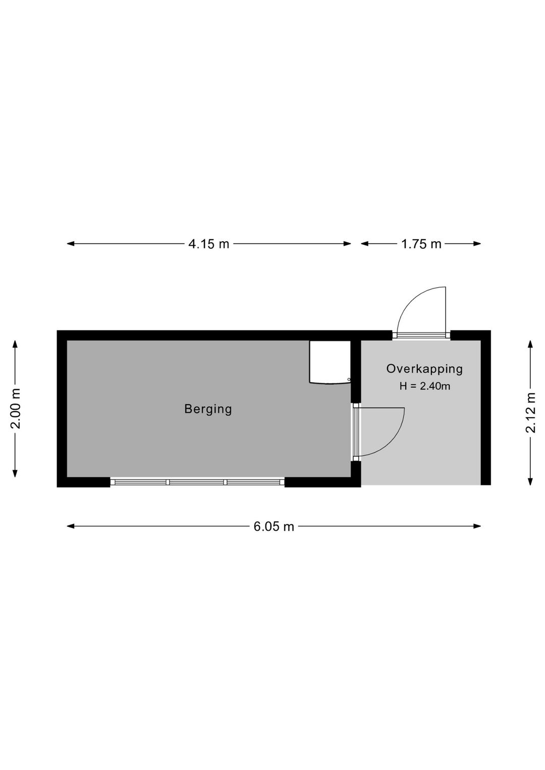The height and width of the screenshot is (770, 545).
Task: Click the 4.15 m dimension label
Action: pyautogui.click(x=208, y=244)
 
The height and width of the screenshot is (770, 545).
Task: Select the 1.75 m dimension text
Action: pyautogui.click(x=421, y=244)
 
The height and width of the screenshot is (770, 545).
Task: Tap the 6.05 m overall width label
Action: pyautogui.click(x=274, y=526)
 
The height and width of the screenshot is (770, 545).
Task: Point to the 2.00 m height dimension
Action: pyautogui.click(x=16, y=409)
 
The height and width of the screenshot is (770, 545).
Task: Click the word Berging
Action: pyautogui.click(x=208, y=409)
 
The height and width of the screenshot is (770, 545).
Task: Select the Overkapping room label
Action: pyautogui.click(x=424, y=369)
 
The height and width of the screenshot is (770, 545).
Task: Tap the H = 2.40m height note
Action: pyautogui.click(x=425, y=387)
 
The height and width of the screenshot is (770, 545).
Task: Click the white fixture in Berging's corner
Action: pyautogui.click(x=330, y=362)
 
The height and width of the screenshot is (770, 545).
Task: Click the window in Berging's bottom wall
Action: pyautogui.click(x=197, y=482)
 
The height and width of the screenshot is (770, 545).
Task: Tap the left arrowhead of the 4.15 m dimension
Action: pyautogui.click(x=71, y=244)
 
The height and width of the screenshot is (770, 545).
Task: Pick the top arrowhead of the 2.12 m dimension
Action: pyautogui.click(x=530, y=344)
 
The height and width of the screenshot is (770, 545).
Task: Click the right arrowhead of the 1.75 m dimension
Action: pyautogui.click(x=477, y=244)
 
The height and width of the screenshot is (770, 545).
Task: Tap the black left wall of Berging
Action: pyautogui.click(x=62, y=409)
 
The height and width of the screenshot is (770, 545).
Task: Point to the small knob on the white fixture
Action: pyautogui.click(x=349, y=379)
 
